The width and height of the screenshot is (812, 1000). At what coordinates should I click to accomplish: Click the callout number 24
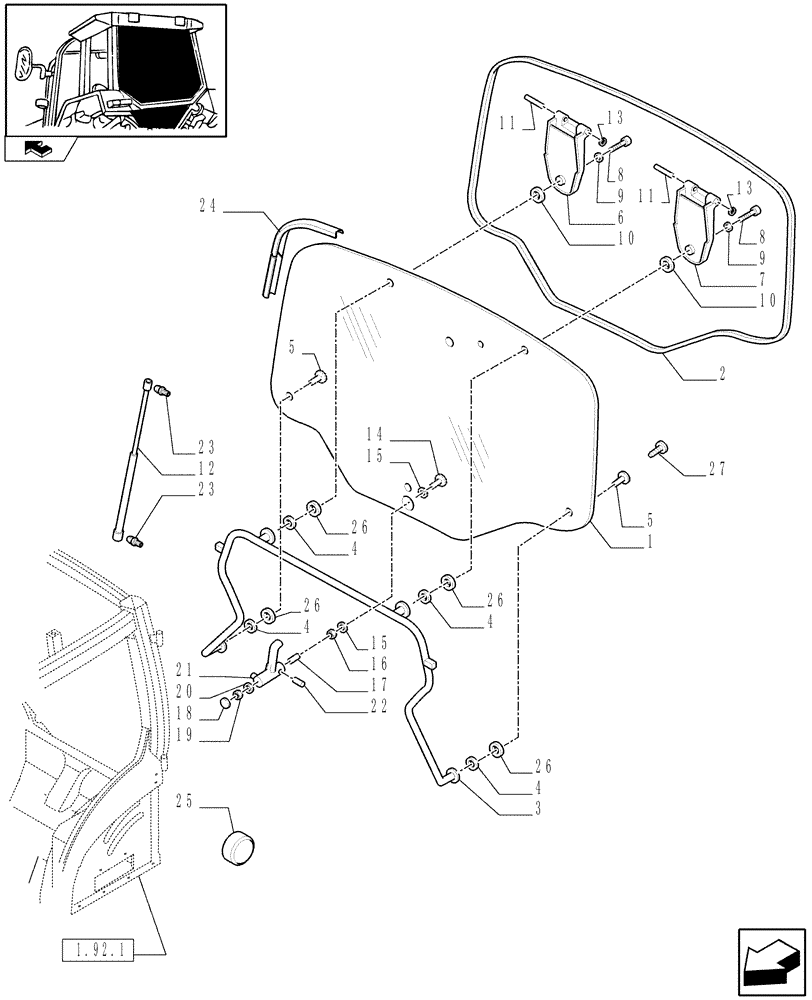[207, 208]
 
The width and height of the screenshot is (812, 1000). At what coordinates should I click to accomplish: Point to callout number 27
[717, 467]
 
